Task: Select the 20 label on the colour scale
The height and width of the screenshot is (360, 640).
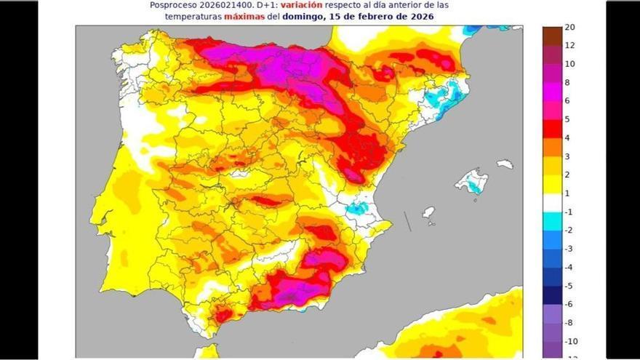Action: click(569, 28)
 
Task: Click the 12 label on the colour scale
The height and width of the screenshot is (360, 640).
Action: click(569, 46)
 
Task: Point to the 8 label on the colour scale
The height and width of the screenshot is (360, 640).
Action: click(567, 83)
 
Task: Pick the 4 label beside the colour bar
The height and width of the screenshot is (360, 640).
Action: click(567, 138)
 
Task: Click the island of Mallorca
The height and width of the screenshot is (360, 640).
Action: click(471, 180)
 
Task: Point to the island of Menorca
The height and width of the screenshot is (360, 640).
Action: click(505, 164)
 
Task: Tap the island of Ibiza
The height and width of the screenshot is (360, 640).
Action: click(428, 212)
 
